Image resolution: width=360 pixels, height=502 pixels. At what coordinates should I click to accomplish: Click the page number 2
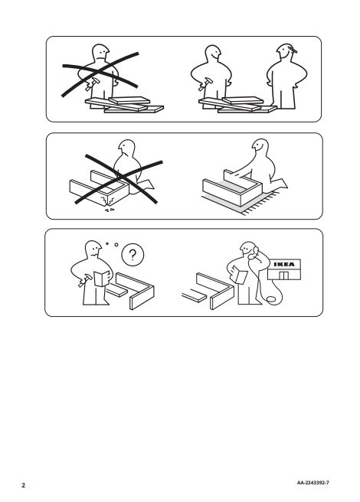[x=23, y=485]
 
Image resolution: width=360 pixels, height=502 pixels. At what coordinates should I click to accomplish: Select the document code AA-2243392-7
[x=313, y=483]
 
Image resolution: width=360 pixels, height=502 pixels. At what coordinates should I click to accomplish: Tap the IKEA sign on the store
[x=284, y=264]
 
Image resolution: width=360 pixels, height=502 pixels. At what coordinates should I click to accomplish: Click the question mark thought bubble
[x=133, y=255]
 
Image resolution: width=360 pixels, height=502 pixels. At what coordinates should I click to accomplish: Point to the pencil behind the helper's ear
[x=293, y=49]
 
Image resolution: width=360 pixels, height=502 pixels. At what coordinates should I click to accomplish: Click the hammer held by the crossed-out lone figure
[x=92, y=83]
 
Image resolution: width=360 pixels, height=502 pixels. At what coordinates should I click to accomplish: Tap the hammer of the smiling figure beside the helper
[x=205, y=84]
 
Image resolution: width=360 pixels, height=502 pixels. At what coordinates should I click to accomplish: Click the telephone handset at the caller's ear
[x=255, y=252]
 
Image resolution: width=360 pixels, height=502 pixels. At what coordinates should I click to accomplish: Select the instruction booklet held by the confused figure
[x=102, y=278]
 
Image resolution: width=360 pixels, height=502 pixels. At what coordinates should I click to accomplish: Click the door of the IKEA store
[x=283, y=275]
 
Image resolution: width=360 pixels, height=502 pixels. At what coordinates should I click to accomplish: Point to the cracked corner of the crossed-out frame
[x=107, y=200]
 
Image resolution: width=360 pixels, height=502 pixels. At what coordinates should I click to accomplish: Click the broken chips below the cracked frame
[x=110, y=210]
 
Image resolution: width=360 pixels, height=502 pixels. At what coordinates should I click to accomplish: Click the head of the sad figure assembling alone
[x=100, y=53]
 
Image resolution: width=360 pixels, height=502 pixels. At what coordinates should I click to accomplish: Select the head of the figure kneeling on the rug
[x=260, y=148]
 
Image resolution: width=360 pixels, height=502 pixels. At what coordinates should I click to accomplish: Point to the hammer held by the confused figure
[x=85, y=280]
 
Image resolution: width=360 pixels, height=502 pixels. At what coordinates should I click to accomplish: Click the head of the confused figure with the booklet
[x=93, y=249]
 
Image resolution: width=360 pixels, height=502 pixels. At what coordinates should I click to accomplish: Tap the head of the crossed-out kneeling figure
[x=126, y=148]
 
